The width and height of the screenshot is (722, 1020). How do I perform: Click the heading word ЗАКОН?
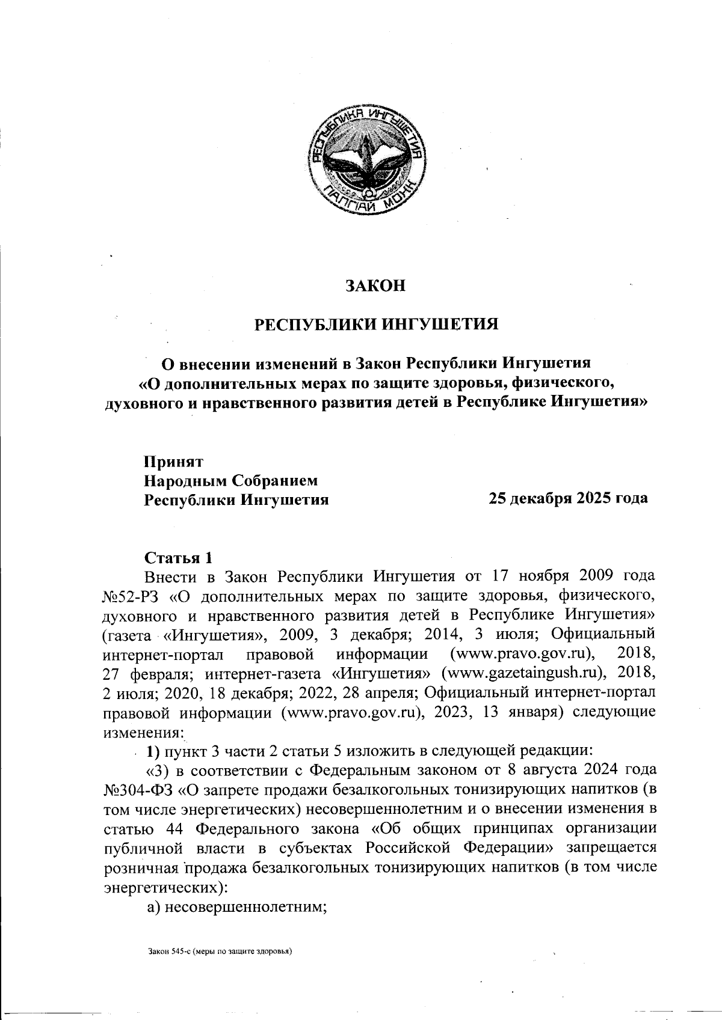pyautogui.click(x=375, y=286)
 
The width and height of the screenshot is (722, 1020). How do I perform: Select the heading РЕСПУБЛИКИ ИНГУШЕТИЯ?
pyautogui.click(x=377, y=325)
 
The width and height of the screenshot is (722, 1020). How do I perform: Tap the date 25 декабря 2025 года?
pyautogui.click(x=568, y=498)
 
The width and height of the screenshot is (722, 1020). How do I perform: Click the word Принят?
pyautogui.click(x=173, y=462)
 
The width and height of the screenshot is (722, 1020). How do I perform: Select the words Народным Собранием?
pyautogui.click(x=229, y=480)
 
